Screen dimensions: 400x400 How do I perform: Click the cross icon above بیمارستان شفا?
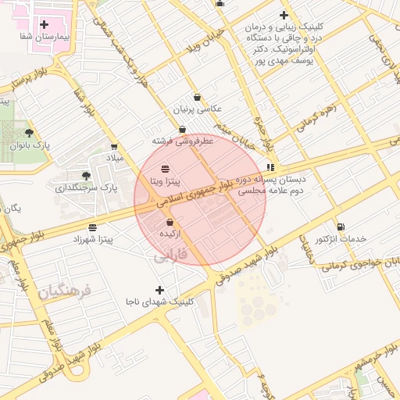(x=44, y=25)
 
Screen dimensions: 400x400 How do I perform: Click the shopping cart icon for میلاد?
(x=115, y=145)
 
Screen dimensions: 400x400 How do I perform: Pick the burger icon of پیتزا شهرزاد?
(x=93, y=227)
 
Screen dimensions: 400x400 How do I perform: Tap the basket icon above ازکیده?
(x=170, y=223)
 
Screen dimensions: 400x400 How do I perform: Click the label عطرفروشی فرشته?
(x=183, y=141)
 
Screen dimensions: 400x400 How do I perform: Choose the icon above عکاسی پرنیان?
(x=197, y=98)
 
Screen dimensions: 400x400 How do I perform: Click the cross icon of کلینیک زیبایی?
(x=284, y=15)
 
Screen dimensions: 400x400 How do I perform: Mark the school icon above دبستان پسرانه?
(x=270, y=167)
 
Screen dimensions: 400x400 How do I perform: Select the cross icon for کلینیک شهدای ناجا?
(x=161, y=290)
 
